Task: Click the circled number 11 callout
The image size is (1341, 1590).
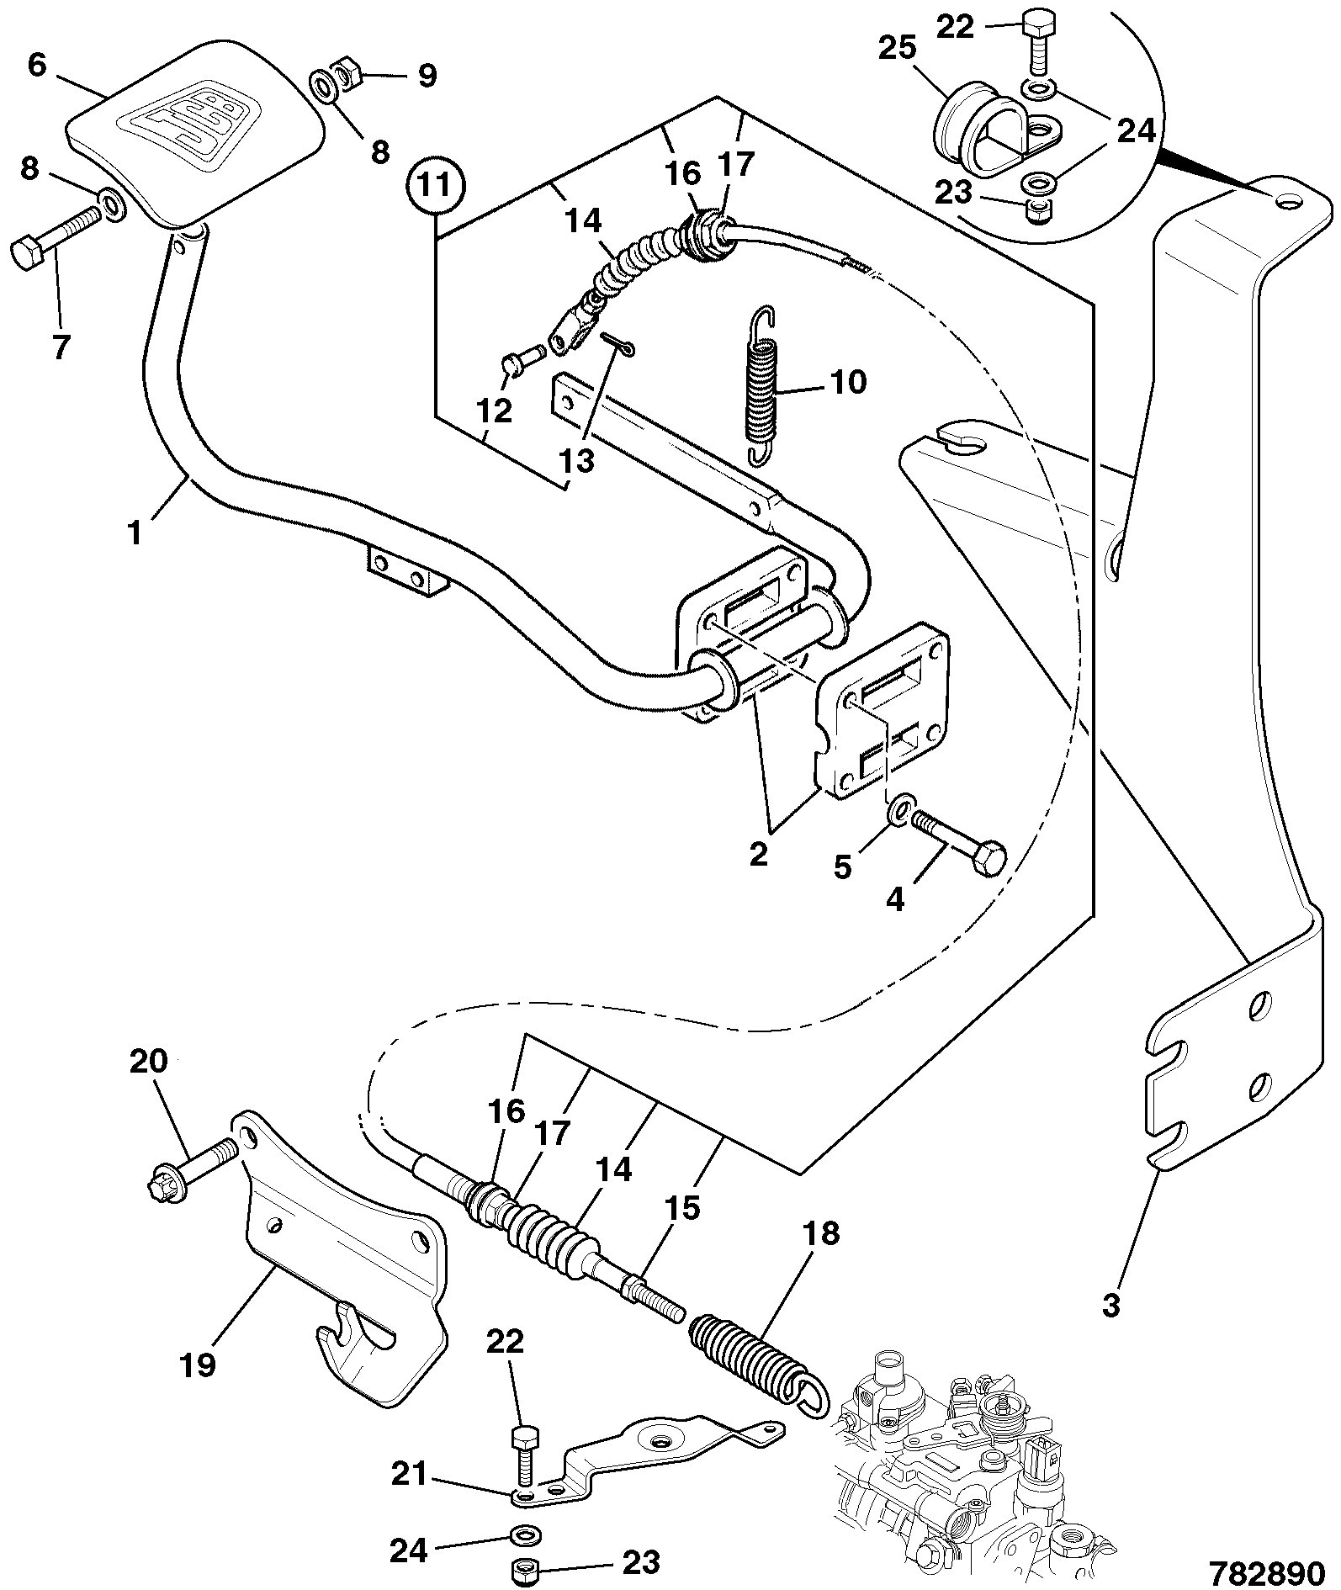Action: [436, 187]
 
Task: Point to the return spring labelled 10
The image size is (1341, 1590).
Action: [764, 384]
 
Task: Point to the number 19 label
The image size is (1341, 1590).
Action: [199, 1364]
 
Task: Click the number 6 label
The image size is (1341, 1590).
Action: [37, 65]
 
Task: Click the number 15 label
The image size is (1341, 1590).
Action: [682, 1208]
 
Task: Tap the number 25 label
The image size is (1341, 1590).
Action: [897, 48]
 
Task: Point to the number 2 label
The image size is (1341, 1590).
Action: [758, 855]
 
